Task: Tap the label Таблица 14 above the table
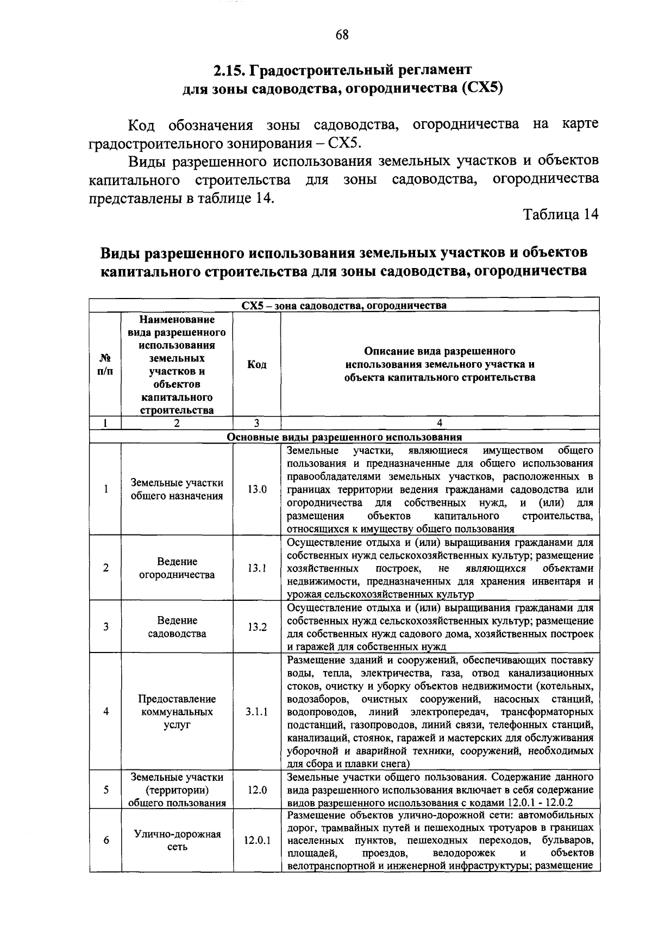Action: pos(561,215)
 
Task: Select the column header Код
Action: pos(256,364)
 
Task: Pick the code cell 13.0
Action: pos(257,489)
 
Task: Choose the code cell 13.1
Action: pos(257,568)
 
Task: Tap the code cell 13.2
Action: pos(257,627)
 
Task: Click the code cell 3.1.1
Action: pos(257,712)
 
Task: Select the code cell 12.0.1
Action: pos(257,840)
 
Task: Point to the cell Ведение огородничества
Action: pos(177,568)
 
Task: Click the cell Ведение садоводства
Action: pos(177,627)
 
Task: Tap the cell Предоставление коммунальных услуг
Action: pos(177,712)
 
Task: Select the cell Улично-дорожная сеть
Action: pos(177,840)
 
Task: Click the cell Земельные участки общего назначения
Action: pos(177,489)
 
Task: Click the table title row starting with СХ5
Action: pos(344,305)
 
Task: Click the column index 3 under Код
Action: pos(256,423)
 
